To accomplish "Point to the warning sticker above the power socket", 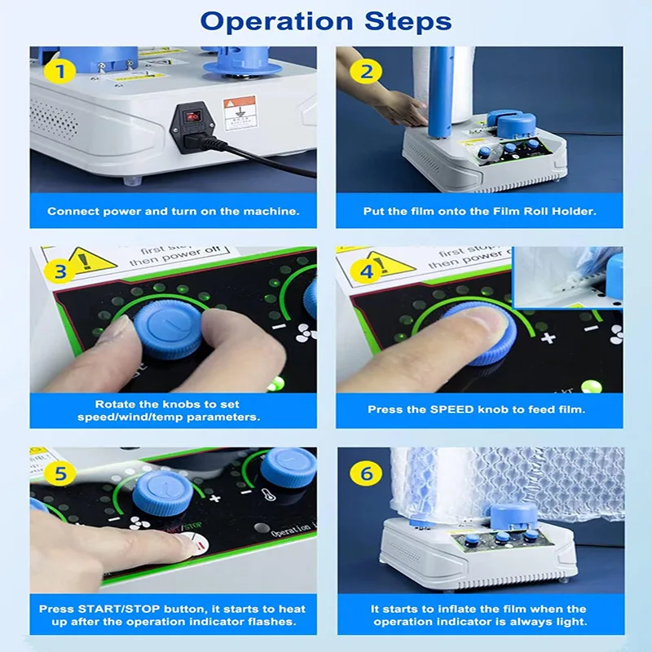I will click(240, 110).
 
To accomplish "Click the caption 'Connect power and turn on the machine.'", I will click(173, 211).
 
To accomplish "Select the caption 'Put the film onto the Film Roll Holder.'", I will click(479, 211).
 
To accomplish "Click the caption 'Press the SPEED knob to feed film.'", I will click(479, 409).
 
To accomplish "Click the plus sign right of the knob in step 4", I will click(548, 337).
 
